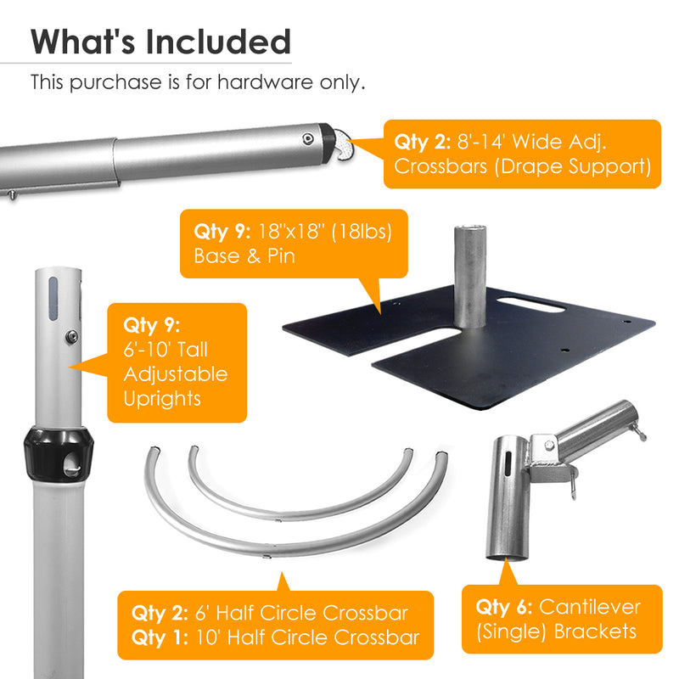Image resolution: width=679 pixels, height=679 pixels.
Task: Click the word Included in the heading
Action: pyautogui.click(x=218, y=42)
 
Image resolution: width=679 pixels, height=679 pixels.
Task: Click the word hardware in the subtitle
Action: pyautogui.click(x=265, y=81)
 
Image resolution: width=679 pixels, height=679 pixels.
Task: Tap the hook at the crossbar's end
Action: pyautogui.click(x=345, y=144)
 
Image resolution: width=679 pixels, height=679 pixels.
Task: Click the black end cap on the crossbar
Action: pyautogui.click(x=327, y=143)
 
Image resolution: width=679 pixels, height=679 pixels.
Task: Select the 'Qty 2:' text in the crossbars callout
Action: pyautogui.click(x=422, y=142)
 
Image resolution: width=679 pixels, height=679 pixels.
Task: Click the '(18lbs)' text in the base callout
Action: pyautogui.click(x=362, y=231)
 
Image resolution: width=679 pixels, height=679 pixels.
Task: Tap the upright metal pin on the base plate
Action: pyautogui.click(x=470, y=277)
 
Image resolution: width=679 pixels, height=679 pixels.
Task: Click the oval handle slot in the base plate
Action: pyautogui.click(x=531, y=305)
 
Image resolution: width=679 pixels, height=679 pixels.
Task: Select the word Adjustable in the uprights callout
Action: pyautogui.click(x=176, y=374)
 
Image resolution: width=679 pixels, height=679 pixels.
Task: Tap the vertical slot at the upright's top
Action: pyautogui.click(x=53, y=299)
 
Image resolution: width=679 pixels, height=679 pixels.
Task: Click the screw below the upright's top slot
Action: pyautogui.click(x=71, y=337)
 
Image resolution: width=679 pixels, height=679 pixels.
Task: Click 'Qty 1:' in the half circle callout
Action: pyautogui.click(x=160, y=638)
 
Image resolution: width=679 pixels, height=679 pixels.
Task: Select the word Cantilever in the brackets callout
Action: pyautogui.click(x=590, y=607)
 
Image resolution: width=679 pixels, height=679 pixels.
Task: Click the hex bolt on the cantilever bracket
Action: pyautogui.click(x=549, y=445)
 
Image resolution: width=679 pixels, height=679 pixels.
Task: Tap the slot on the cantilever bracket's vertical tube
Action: pyautogui.click(x=508, y=464)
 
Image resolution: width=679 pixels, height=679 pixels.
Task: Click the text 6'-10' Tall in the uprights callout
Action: pyautogui.click(x=166, y=350)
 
